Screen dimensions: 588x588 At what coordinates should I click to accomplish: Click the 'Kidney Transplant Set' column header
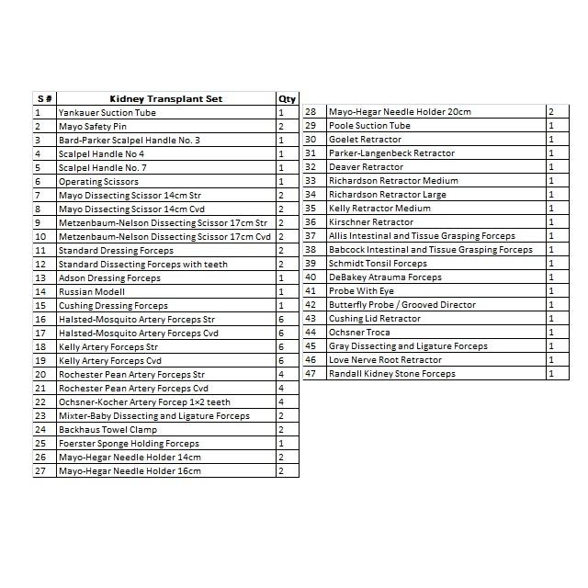click(x=165, y=98)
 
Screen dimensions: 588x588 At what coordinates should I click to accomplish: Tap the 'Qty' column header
click(x=287, y=98)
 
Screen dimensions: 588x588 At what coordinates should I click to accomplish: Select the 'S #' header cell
click(x=44, y=98)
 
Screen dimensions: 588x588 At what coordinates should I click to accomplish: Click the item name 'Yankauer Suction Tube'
click(x=107, y=112)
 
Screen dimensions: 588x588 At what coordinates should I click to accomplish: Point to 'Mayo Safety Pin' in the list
click(x=93, y=126)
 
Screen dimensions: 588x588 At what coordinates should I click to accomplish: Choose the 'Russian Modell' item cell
click(x=92, y=291)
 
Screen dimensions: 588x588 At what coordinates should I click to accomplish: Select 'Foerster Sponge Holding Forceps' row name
click(x=129, y=443)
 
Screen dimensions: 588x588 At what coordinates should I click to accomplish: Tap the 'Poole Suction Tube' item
click(x=369, y=126)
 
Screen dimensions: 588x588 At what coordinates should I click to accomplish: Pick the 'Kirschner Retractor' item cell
click(x=371, y=222)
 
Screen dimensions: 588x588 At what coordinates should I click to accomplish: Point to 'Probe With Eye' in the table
click(x=361, y=291)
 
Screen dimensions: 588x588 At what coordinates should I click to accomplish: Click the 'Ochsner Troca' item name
click(x=359, y=333)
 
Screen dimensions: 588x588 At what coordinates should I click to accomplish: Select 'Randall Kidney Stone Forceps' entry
click(x=391, y=374)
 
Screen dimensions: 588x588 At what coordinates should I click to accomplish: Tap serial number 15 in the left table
click(x=40, y=305)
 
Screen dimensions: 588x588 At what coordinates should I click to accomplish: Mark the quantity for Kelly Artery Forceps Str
click(x=281, y=346)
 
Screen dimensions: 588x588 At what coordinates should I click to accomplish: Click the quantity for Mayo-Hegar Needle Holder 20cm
click(x=551, y=112)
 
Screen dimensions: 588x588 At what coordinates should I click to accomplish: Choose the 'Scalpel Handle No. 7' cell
click(x=102, y=167)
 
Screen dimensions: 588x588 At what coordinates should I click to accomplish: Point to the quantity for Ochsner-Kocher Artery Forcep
click(x=281, y=401)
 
